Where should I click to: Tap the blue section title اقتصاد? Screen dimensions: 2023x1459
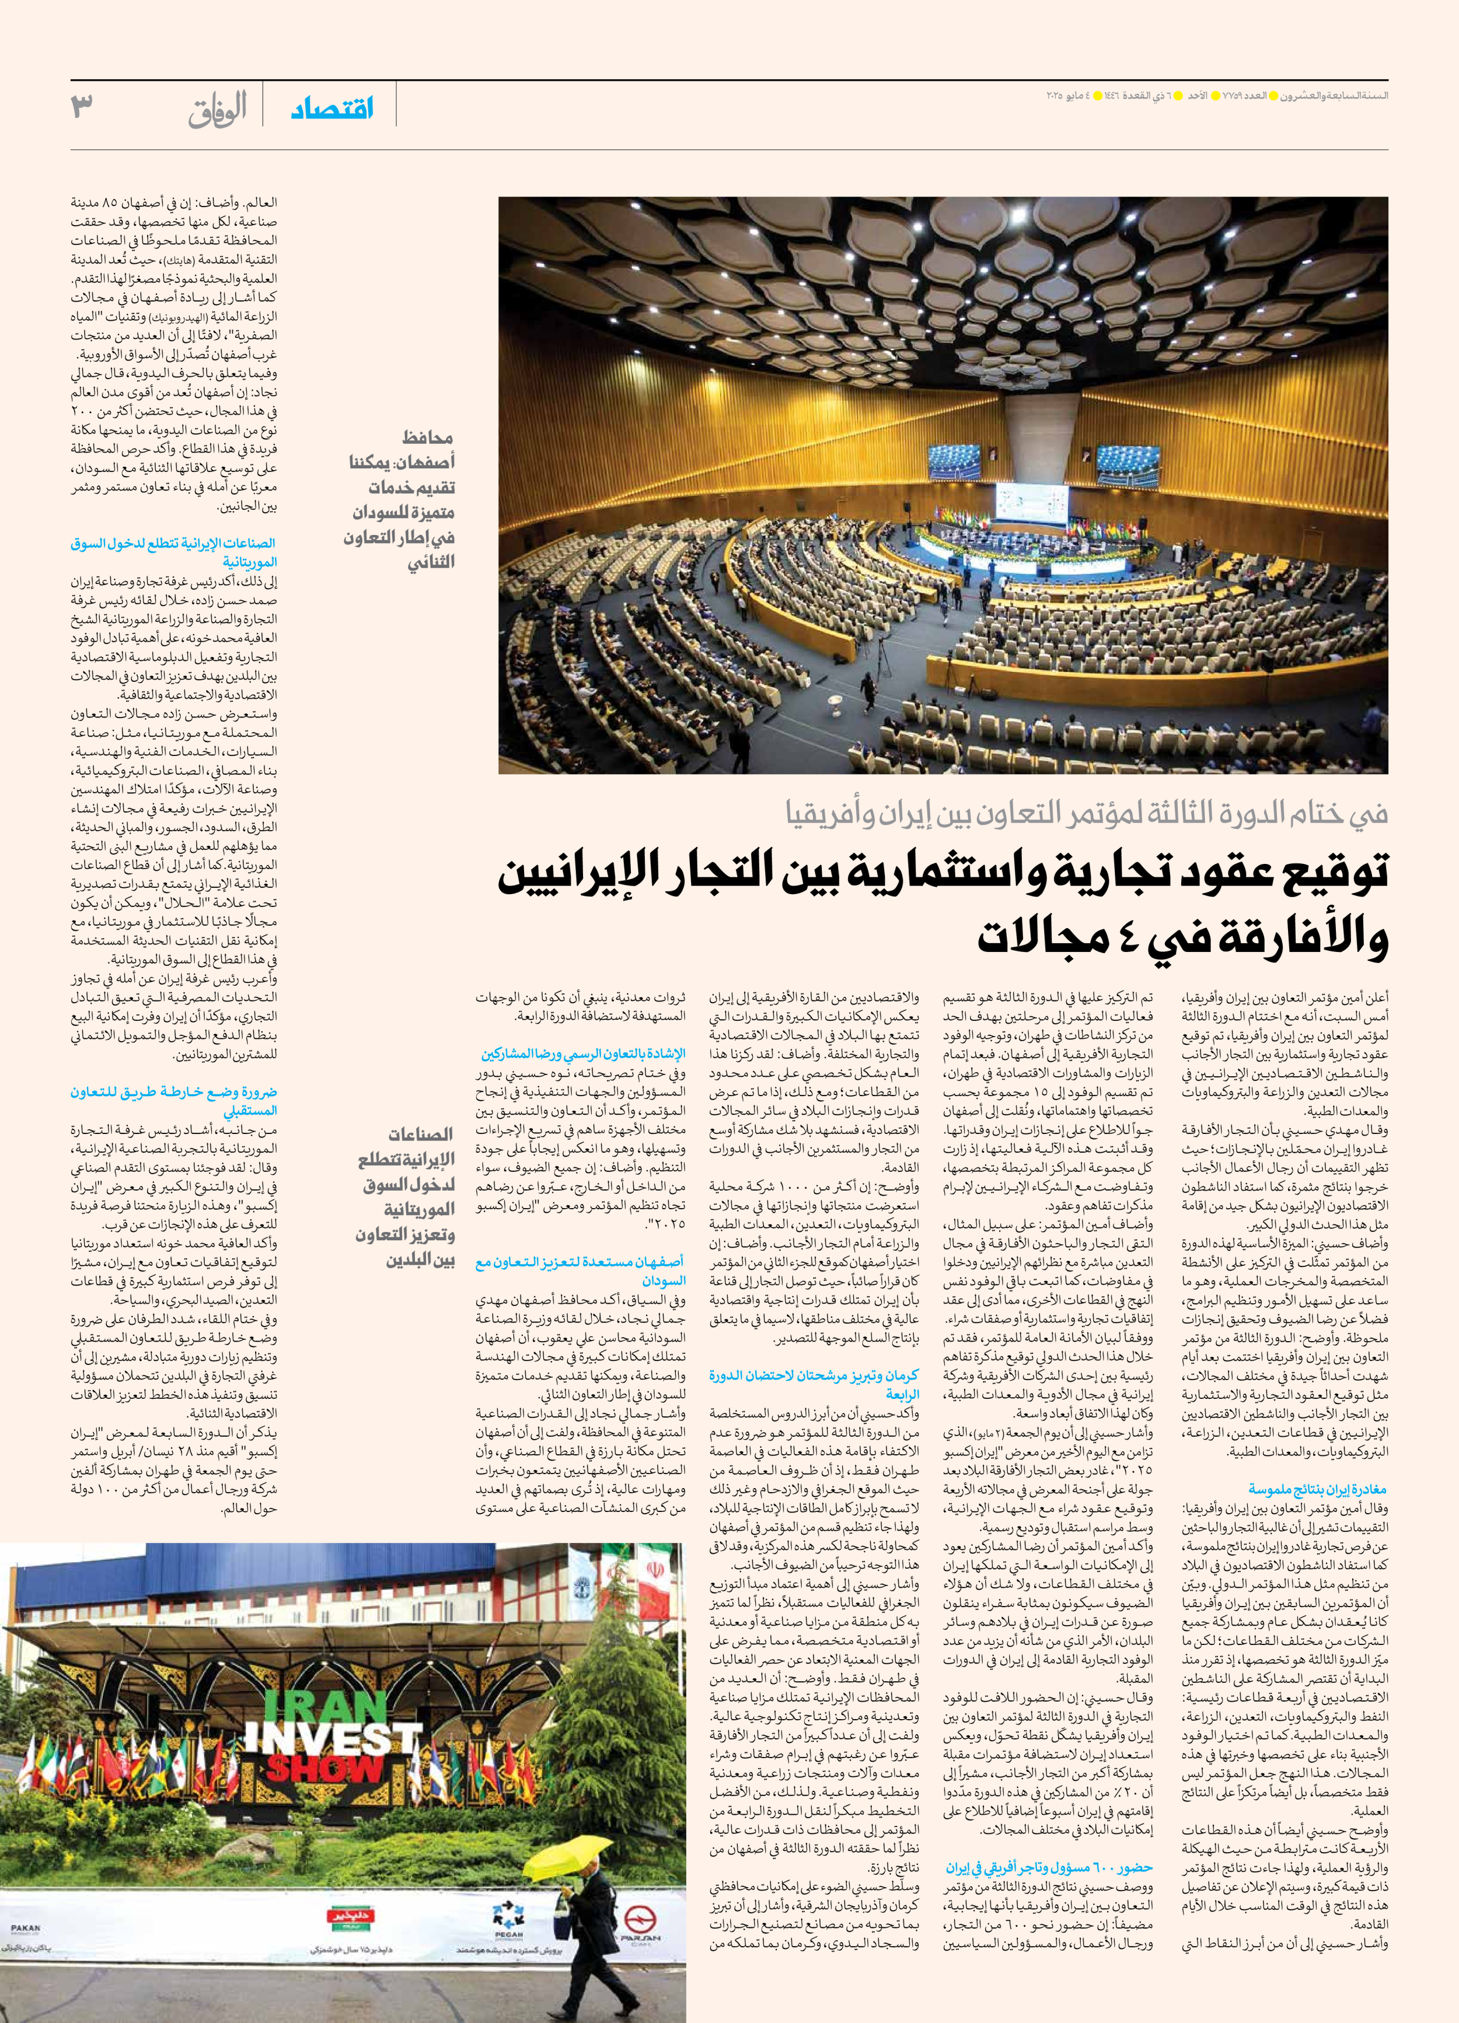click(333, 110)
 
